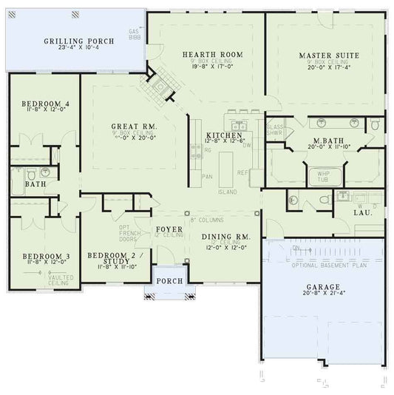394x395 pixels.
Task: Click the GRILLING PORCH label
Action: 79,41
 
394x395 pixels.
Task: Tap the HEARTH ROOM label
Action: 203,55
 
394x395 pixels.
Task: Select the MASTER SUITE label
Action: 329,55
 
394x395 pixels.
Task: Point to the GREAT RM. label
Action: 132,126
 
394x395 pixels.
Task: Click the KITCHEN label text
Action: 225,137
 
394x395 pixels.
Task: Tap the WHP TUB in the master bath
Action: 323,175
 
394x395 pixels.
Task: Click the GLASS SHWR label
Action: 275,130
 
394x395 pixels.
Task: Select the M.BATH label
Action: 325,138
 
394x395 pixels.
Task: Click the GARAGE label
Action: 323,286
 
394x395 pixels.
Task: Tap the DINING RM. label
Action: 226,237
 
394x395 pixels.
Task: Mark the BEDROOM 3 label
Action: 46,256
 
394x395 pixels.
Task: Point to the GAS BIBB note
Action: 134,35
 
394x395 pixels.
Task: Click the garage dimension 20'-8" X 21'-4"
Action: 323,294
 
